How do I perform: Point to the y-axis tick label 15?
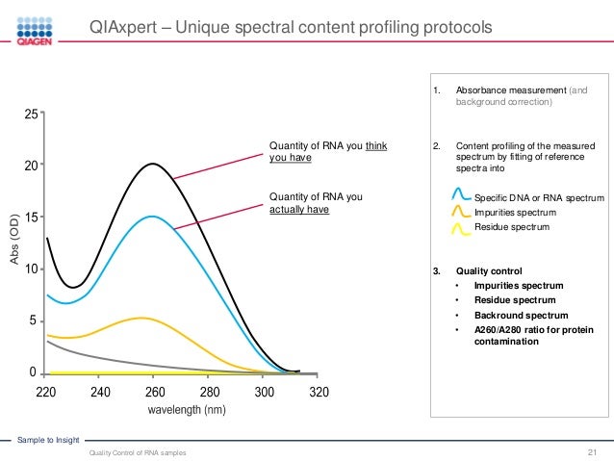coord(32,218)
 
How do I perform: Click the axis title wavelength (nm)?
coord(188,411)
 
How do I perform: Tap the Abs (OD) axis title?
coord(13,241)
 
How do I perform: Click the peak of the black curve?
coord(154,164)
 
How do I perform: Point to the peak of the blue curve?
coord(154,217)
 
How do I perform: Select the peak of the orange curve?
coord(141,318)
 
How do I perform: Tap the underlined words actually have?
coord(298,210)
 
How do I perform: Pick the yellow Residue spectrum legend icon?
coord(460,227)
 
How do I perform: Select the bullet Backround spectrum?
coord(520,315)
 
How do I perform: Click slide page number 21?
coord(593,451)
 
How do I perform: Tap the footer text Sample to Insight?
coord(46,439)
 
